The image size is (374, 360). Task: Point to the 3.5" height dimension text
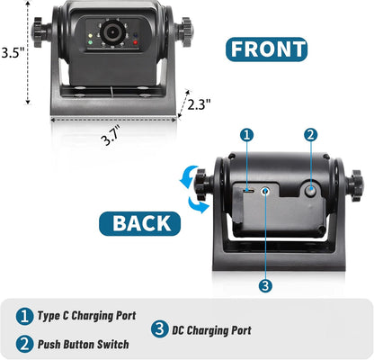point(12,52)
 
